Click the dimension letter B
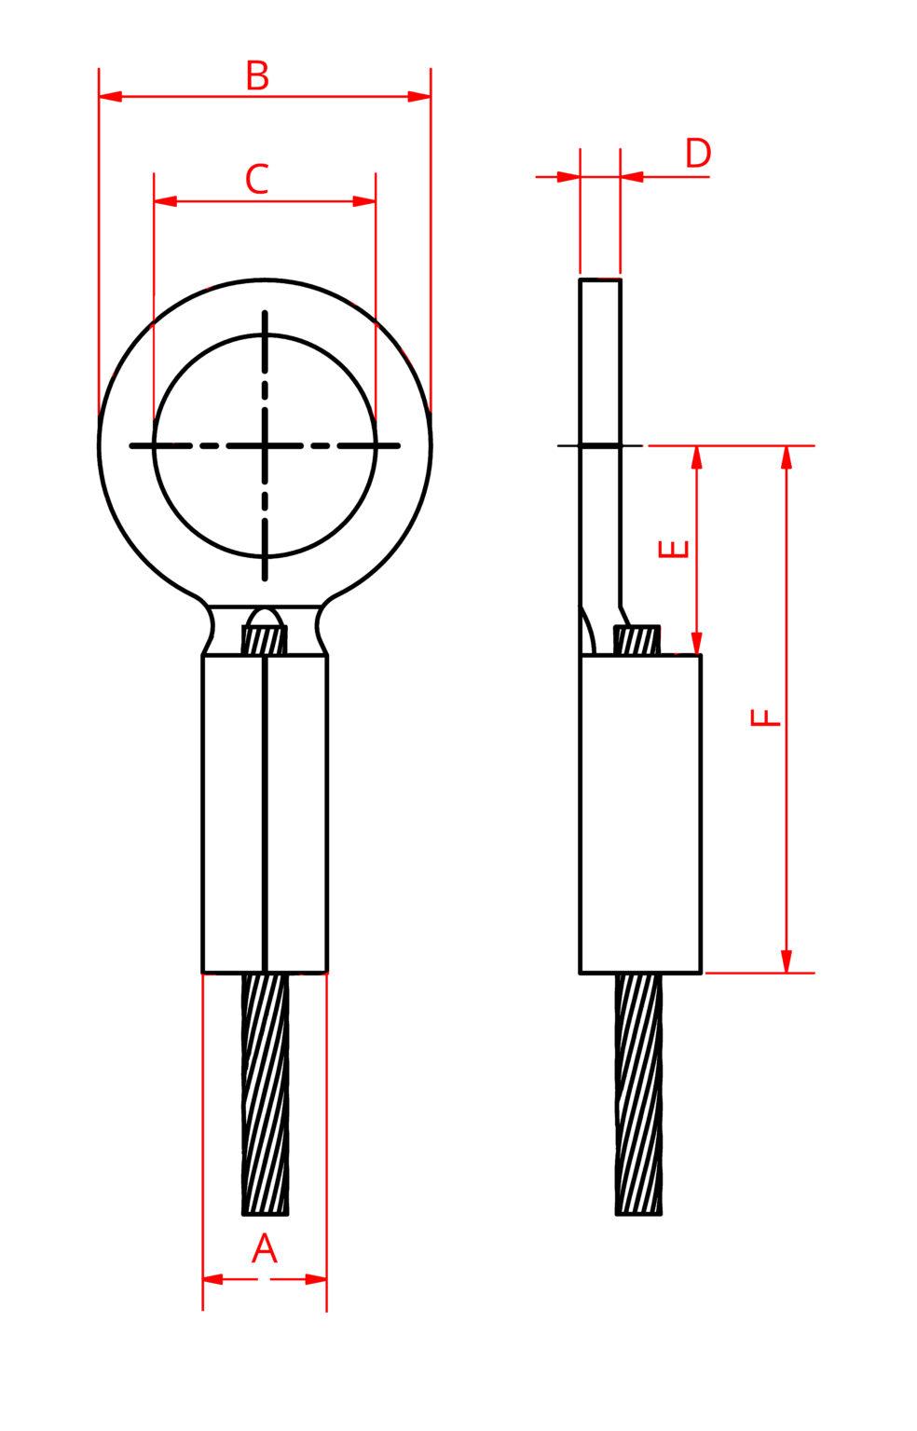[257, 75]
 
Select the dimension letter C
[257, 179]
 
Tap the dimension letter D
[698, 154]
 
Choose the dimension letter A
[265, 1248]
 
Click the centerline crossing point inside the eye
[266, 446]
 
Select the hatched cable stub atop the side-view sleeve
[638, 640]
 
